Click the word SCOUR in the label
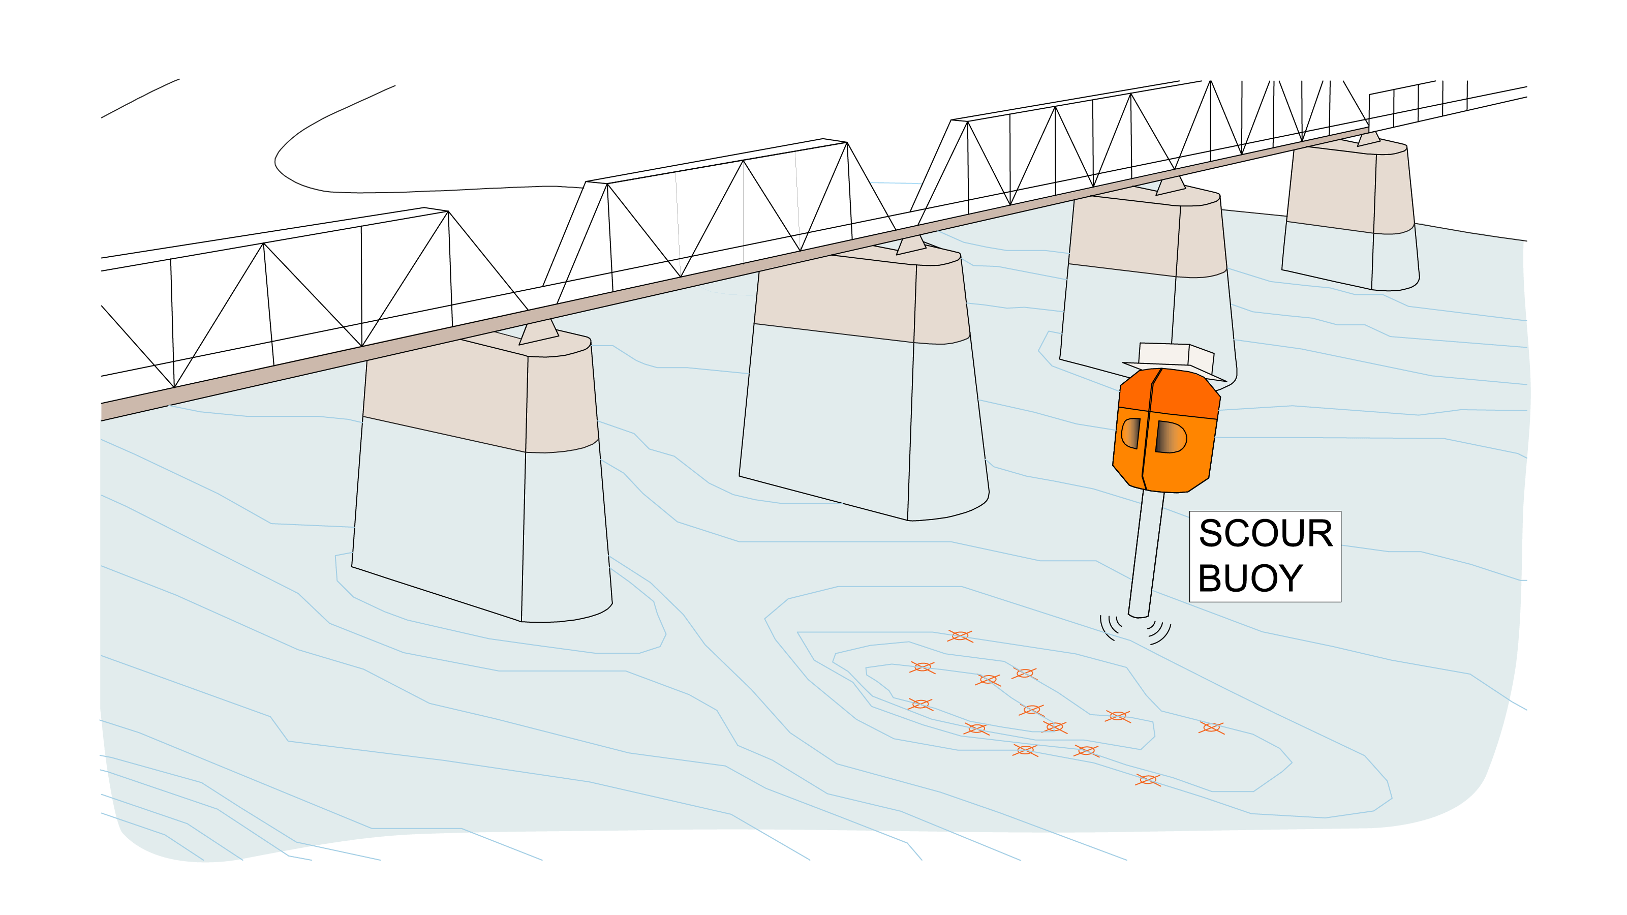[x=1265, y=534]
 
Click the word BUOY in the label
[x=1250, y=578]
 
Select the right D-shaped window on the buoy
[x=1170, y=437]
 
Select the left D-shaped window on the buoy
[x=1130, y=433]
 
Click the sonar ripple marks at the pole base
[x=1135, y=629]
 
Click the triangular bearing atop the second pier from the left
[x=911, y=245]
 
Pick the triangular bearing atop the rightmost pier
[x=1368, y=140]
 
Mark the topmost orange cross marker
[x=960, y=636]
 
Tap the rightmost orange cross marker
[x=1211, y=728]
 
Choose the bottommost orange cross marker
[x=1147, y=780]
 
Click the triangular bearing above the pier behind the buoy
[x=1171, y=186]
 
